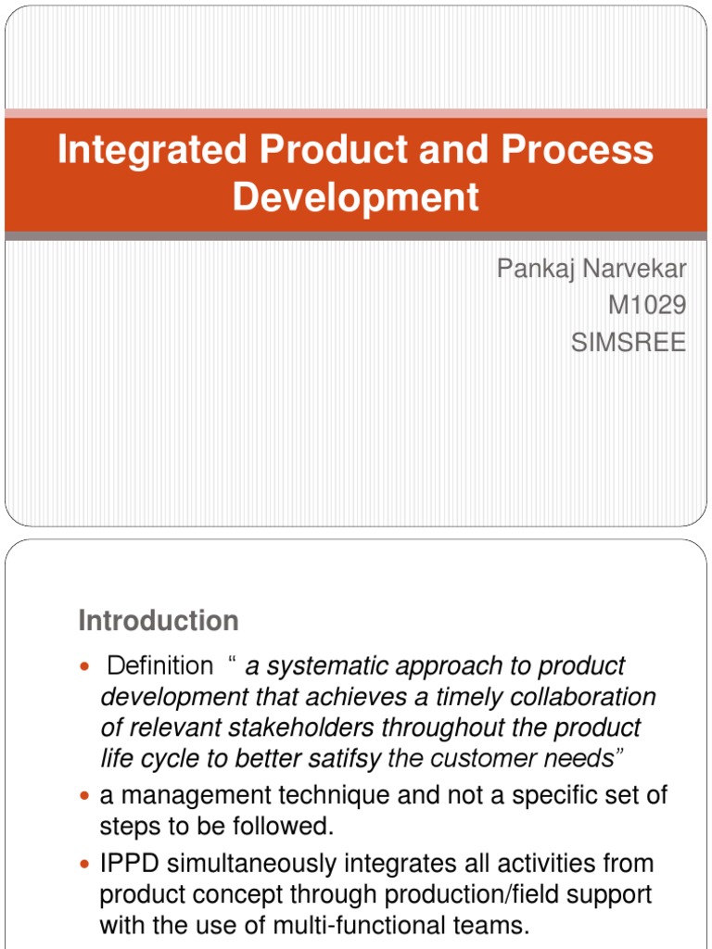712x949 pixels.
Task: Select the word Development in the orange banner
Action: pos(356,197)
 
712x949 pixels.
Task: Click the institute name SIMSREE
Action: pos(629,343)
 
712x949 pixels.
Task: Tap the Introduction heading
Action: pos(159,620)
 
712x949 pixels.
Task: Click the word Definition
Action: pos(160,665)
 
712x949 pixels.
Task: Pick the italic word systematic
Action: pos(324,665)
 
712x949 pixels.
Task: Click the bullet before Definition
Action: pos(85,666)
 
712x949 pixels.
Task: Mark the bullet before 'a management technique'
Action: pos(85,796)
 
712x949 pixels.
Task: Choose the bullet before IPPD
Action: pos(85,864)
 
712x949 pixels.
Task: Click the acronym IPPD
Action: pos(129,864)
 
